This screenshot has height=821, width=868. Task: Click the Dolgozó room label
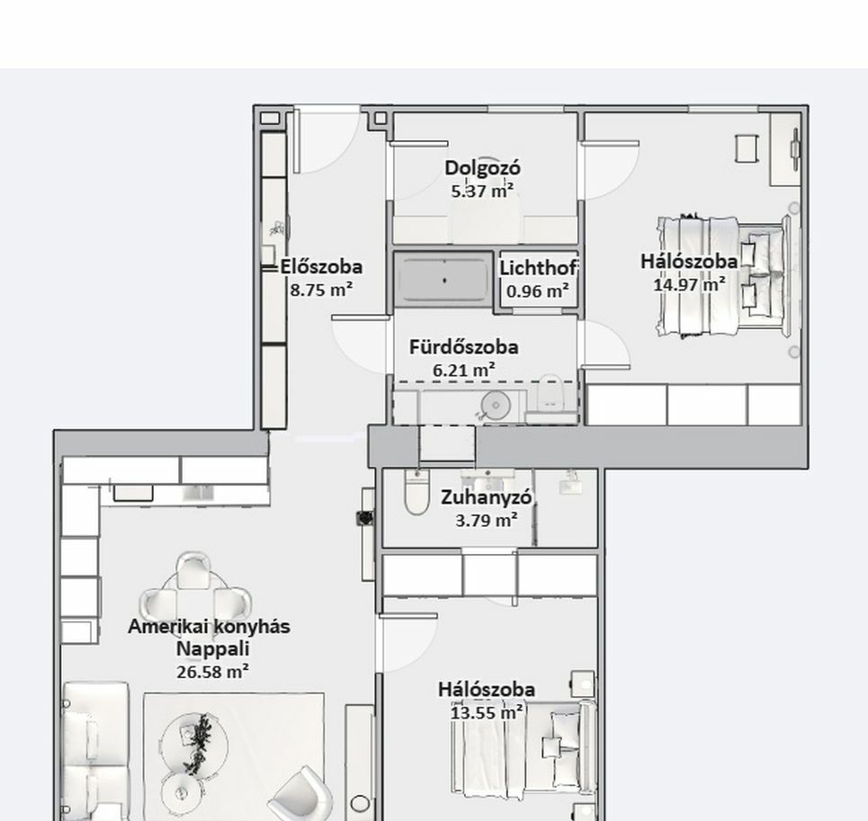(x=483, y=168)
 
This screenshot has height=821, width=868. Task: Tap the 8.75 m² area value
(x=322, y=290)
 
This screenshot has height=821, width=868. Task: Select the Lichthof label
(x=539, y=268)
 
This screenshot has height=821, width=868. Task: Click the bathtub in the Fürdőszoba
(x=443, y=280)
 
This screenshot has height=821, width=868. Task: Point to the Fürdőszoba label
(x=464, y=347)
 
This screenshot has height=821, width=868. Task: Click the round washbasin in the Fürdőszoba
(x=496, y=406)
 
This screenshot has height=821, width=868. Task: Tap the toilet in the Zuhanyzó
(x=416, y=492)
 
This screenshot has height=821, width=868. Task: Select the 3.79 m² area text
(x=487, y=520)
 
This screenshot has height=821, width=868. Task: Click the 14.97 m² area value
(x=690, y=284)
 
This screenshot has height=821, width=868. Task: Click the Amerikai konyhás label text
(x=210, y=627)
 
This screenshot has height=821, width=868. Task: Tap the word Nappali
(x=212, y=649)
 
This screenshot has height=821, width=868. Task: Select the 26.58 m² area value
(x=212, y=672)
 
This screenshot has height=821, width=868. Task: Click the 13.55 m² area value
(x=487, y=712)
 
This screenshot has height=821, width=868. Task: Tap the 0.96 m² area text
(x=538, y=291)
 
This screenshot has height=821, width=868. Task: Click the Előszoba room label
(x=321, y=267)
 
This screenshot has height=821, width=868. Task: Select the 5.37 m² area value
(x=482, y=191)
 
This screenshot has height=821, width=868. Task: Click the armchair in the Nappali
(x=301, y=794)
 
